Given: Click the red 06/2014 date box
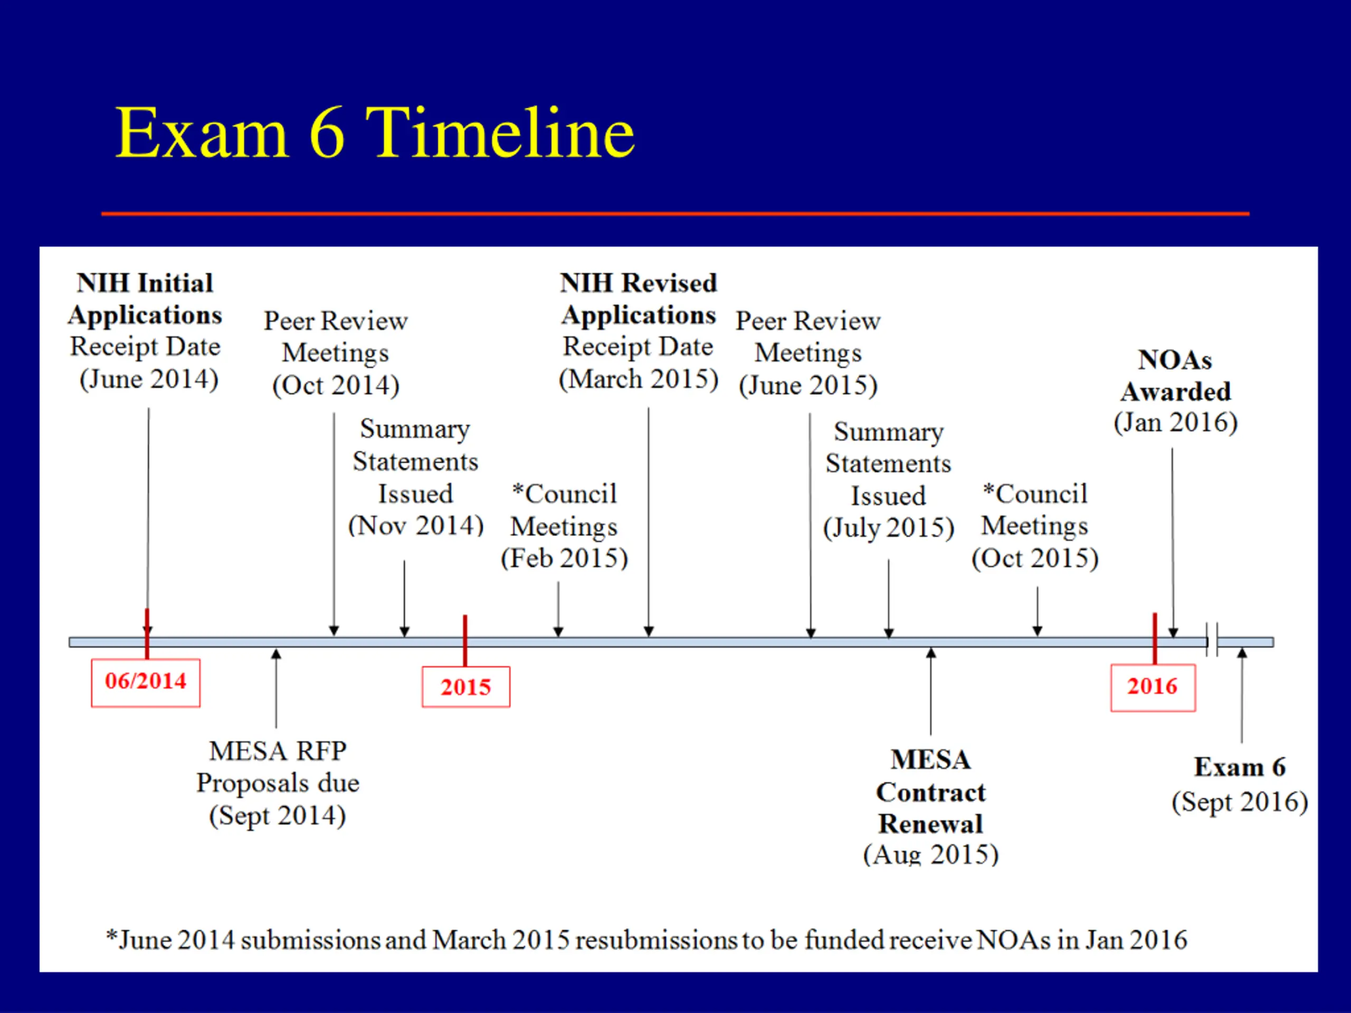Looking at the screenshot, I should (145, 682).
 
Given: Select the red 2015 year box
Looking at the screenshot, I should (465, 687).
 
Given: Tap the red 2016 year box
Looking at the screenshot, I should (1153, 686).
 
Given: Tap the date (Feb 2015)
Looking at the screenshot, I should (564, 559).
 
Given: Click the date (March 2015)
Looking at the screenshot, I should (638, 379).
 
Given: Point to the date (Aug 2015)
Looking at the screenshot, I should (930, 854).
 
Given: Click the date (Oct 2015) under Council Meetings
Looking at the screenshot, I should (1035, 559).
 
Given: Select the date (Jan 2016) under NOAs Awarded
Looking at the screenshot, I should (1176, 423).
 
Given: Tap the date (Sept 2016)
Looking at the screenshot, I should (1240, 802).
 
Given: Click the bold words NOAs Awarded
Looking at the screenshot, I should (1175, 376).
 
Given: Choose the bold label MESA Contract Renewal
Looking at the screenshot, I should (930, 792).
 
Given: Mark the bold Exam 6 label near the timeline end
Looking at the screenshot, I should (1240, 767).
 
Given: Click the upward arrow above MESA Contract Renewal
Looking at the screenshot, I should (931, 690).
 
